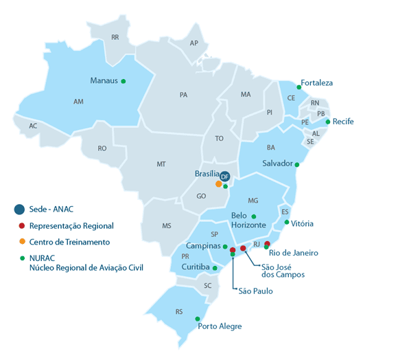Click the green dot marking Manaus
coord(124,81)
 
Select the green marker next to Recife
coord(328,122)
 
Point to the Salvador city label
coord(277,164)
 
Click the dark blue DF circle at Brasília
coord(224,177)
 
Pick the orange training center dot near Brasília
coord(218,184)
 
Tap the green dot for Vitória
coord(286,222)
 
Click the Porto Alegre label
coord(220,326)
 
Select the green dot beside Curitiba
coord(215,268)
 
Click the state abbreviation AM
coord(78,101)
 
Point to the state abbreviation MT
coord(161,164)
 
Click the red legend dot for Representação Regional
coord(21,225)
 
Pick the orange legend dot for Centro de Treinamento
coord(21,242)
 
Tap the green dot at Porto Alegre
coord(198,319)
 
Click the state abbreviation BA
coord(271,147)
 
